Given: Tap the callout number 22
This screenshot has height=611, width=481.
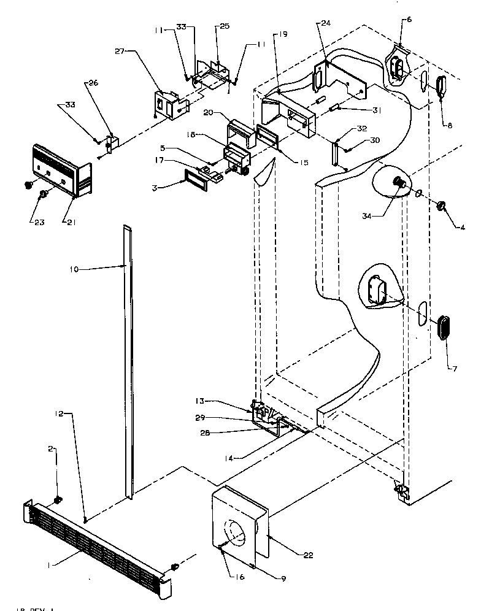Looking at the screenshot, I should click(x=308, y=555).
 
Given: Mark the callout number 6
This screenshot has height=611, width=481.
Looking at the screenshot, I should click(x=409, y=20).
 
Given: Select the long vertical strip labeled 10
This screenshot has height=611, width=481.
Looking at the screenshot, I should click(x=127, y=362).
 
